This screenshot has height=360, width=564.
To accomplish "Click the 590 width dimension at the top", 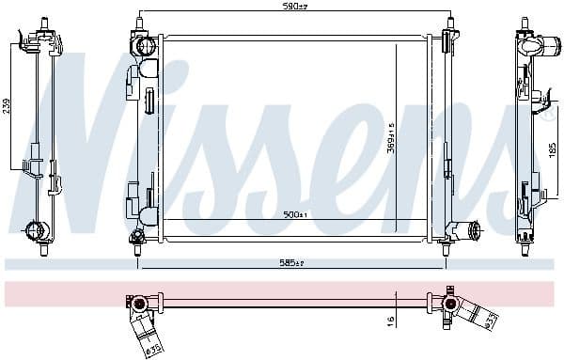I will point(295,8).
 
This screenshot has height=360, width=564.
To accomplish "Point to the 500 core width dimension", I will point(295,215).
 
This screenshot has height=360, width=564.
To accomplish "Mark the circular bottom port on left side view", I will point(36,229).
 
